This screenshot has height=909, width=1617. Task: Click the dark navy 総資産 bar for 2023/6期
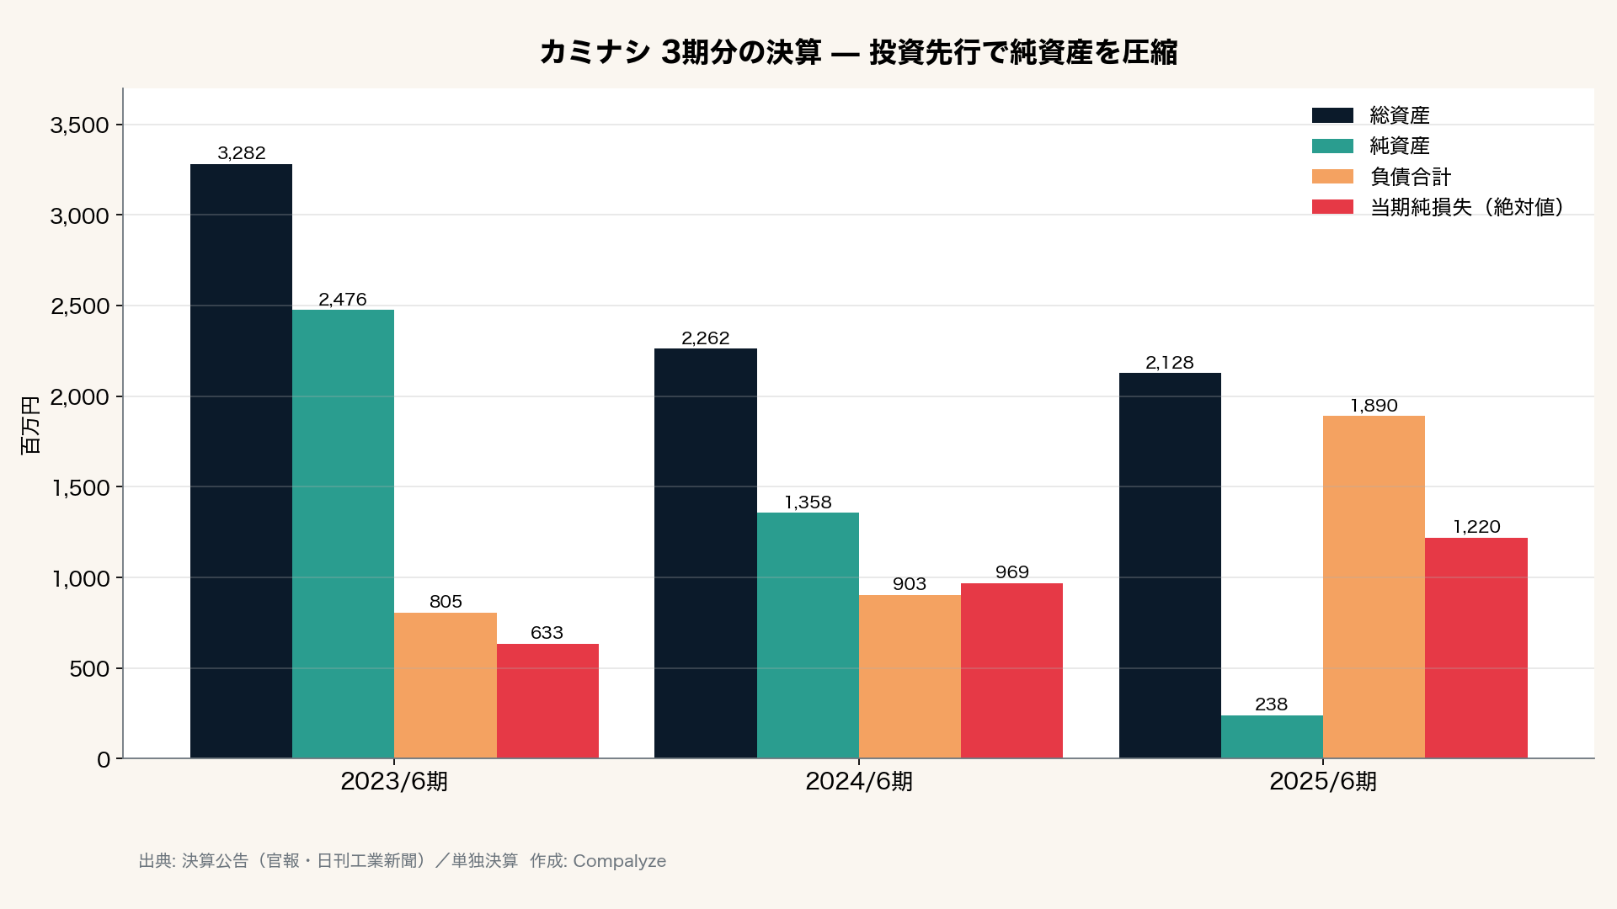point(241,461)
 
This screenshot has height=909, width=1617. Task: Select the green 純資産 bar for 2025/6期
point(1272,736)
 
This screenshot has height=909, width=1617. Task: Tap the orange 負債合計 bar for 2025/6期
point(1374,587)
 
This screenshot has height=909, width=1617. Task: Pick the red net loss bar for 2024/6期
point(1011,671)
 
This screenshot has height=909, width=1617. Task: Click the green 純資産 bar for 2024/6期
point(808,635)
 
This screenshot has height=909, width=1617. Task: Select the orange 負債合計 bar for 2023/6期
point(446,685)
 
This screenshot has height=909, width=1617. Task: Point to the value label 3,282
point(242,153)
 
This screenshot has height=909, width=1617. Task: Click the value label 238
point(1272,704)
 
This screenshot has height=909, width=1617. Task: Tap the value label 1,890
point(1374,406)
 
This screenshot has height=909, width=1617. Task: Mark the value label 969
point(1012,572)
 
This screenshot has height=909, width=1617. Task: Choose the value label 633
point(547,633)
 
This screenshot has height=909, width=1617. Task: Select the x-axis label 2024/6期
point(859,782)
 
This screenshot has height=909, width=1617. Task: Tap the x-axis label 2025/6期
point(1323,782)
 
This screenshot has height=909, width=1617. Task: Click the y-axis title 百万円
point(30,425)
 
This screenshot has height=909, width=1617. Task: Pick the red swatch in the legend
point(1333,207)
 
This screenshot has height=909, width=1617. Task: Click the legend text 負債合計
point(1411,177)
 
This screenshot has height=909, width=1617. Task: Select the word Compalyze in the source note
point(620,861)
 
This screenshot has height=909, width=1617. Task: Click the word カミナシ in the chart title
point(595,52)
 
